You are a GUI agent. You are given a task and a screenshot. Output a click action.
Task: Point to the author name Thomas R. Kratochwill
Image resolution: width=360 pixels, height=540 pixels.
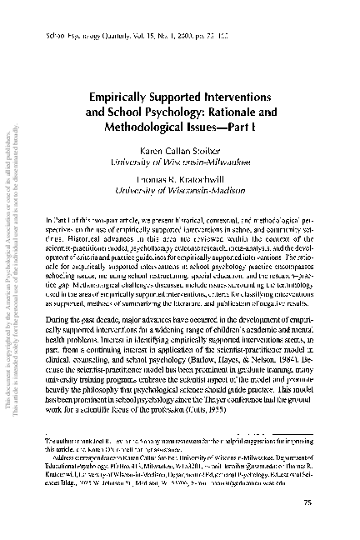tap(198, 179)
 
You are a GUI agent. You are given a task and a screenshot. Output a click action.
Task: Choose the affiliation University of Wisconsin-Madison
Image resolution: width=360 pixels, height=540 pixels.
tap(198, 190)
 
